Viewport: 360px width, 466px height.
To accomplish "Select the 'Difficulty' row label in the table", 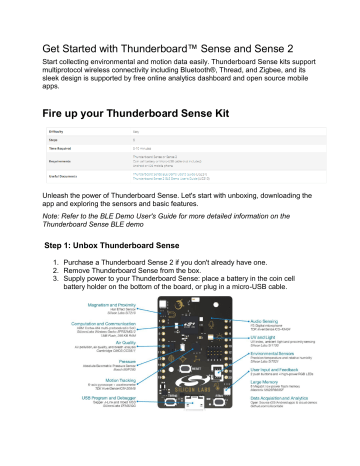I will click(57, 156).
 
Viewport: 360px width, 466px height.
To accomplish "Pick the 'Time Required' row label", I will click(61, 175).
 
